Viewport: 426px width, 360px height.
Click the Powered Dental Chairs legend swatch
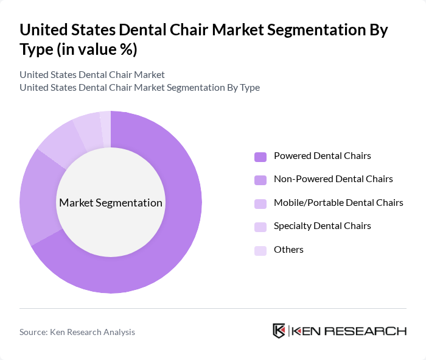(x=260, y=157)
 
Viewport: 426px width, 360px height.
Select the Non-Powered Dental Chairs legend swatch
(x=260, y=180)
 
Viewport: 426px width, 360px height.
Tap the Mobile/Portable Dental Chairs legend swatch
(x=260, y=203)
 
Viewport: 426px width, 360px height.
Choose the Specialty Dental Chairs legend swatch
(x=260, y=227)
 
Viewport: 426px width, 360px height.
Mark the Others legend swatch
(x=260, y=250)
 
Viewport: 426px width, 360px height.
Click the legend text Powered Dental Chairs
(x=323, y=156)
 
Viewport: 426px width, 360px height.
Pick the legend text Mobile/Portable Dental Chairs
(x=338, y=203)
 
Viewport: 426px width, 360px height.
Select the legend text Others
(x=288, y=250)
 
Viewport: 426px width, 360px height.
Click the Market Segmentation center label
(x=111, y=203)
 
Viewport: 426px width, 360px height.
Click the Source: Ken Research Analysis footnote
(x=77, y=332)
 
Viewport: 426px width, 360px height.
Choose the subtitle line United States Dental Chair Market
(x=92, y=75)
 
